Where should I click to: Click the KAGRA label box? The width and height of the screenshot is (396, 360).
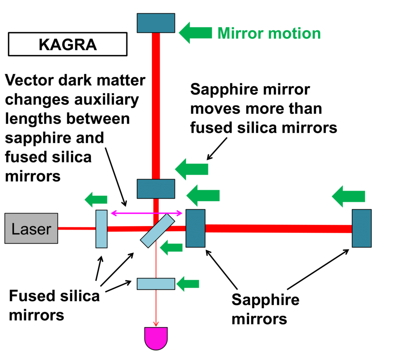click(67, 44)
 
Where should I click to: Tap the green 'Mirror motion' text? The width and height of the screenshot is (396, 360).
click(269, 33)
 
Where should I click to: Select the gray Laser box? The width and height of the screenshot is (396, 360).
click(31, 229)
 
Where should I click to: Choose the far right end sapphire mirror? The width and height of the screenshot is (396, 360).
click(362, 228)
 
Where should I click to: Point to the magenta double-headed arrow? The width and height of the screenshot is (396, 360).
click(147, 212)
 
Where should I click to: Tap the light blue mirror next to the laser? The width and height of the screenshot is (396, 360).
click(101, 229)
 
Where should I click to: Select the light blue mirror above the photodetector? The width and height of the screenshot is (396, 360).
click(156, 283)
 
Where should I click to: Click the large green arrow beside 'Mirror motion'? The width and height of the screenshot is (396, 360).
click(196, 32)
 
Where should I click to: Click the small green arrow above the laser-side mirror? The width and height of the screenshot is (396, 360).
click(96, 199)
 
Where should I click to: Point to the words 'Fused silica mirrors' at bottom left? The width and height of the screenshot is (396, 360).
click(54, 305)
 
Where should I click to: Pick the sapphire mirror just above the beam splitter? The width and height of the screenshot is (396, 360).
click(156, 189)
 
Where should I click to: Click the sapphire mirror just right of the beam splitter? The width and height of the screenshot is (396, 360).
click(195, 228)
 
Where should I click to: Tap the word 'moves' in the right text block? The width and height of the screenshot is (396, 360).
click(215, 109)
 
